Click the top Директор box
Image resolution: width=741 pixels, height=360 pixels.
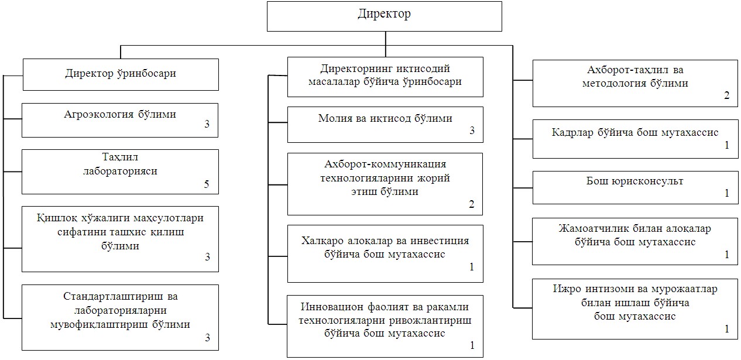pyautogui.click(x=385, y=16)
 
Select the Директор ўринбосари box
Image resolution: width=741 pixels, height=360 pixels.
pyautogui.click(x=120, y=74)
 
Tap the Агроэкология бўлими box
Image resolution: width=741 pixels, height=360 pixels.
pyautogui.click(x=120, y=120)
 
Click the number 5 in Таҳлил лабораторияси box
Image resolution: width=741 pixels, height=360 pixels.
pyautogui.click(x=206, y=184)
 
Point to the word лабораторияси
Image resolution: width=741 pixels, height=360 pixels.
pyautogui.click(x=120, y=172)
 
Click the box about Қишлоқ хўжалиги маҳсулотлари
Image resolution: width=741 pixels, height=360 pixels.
pyautogui.click(x=120, y=238)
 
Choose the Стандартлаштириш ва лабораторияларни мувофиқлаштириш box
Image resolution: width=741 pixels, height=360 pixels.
pyautogui.click(x=120, y=317)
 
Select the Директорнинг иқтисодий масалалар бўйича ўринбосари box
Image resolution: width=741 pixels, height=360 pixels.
pyautogui.click(x=385, y=77)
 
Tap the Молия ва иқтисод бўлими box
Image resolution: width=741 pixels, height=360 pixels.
pyautogui.click(x=385, y=124)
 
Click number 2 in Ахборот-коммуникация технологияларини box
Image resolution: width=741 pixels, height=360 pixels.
pyautogui.click(x=471, y=204)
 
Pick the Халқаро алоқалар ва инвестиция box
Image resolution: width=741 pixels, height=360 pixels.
pyautogui.click(x=385, y=253)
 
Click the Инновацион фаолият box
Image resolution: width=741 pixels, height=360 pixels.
pyautogui.click(x=385, y=325)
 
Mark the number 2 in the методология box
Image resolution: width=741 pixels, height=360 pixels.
pyautogui.click(x=726, y=96)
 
